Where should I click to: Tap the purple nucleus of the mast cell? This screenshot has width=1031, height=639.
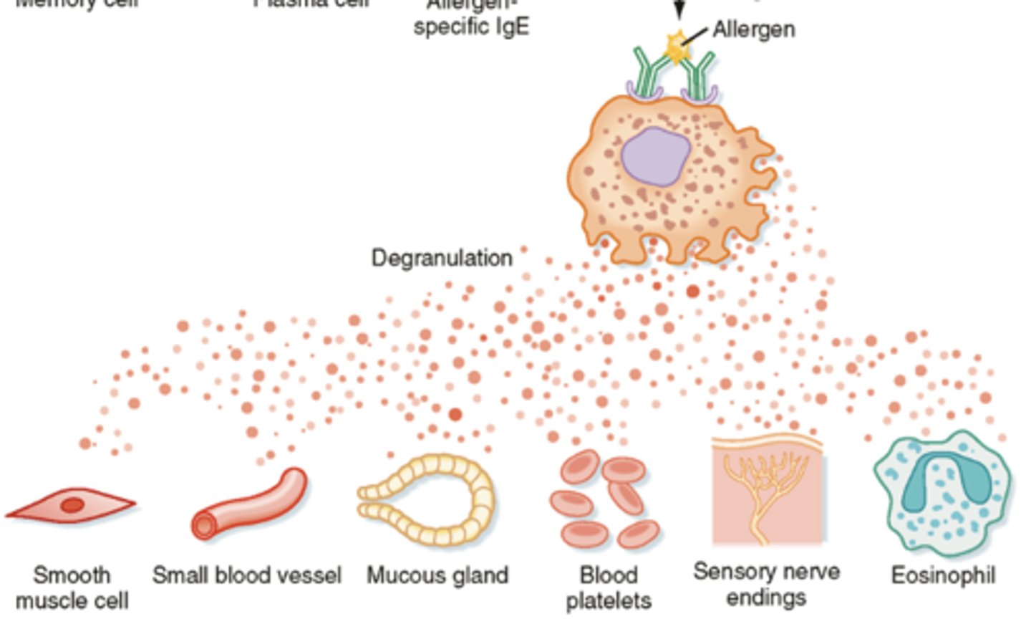point(655,157)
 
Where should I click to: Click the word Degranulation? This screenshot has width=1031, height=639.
point(442,258)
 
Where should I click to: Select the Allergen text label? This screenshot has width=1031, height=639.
point(753,29)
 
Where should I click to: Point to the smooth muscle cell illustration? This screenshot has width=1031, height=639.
point(70,505)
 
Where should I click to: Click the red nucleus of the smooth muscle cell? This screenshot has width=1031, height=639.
point(72,506)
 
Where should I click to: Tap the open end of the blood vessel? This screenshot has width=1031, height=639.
point(204,527)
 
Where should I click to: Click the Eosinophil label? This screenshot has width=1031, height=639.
point(943,575)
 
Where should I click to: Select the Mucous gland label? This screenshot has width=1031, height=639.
point(437,575)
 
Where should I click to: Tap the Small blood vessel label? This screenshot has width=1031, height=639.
point(247,575)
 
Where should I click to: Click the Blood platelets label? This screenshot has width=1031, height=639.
point(608,587)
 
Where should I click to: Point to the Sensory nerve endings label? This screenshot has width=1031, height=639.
point(766,585)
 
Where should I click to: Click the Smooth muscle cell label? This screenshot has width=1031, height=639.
point(72,587)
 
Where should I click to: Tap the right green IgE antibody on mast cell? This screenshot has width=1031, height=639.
point(698,75)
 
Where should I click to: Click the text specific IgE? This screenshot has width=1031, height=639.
point(471,27)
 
